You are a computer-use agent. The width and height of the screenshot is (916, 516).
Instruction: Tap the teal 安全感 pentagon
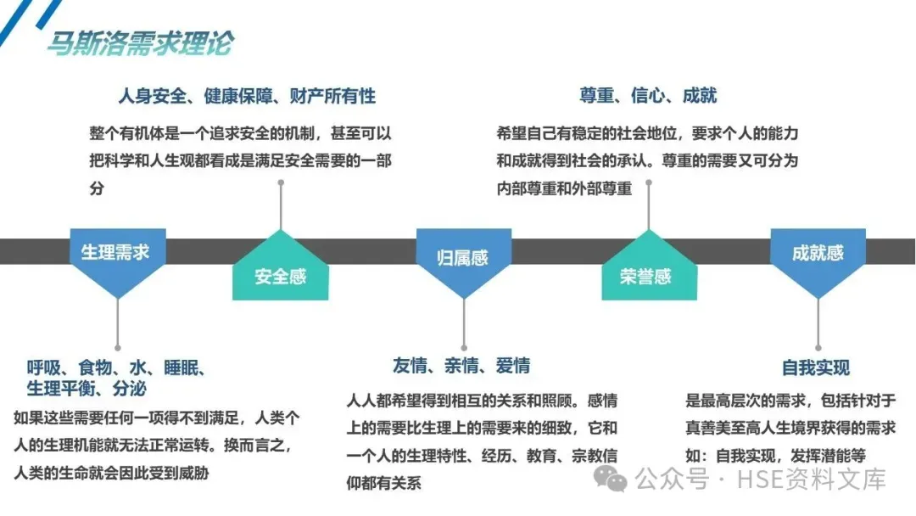pyautogui.click(x=280, y=276)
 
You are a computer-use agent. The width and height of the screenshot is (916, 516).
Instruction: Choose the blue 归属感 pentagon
pyautogui.click(x=462, y=257)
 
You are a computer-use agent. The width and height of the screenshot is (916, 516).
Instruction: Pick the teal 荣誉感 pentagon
pyautogui.click(x=649, y=276)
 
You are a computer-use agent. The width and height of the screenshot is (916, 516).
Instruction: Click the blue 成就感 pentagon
pyautogui.click(x=818, y=252)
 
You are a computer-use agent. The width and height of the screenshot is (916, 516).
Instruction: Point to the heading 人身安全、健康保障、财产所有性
pyautogui.click(x=247, y=96)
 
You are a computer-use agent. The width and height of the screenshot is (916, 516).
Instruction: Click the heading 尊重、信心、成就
pyautogui.click(x=649, y=96)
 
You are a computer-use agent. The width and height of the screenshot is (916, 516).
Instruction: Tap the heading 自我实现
pyautogui.click(x=816, y=367)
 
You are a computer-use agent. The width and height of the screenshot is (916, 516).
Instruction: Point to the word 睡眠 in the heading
pyautogui.click(x=182, y=368)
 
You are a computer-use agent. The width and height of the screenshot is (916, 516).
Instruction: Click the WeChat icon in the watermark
pyautogui.click(x=611, y=479)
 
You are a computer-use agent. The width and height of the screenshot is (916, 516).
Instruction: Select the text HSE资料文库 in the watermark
pyautogui.click(x=810, y=480)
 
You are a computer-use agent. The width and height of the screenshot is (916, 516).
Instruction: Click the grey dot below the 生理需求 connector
pyautogui.click(x=117, y=347)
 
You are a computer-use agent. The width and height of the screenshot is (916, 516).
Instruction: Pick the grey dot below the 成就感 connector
pyautogui.click(x=818, y=347)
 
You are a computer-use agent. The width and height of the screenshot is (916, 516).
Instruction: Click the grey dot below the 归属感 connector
pyautogui.click(x=463, y=347)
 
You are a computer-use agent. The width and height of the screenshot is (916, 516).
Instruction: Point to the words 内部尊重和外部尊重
pyautogui.click(x=564, y=188)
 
